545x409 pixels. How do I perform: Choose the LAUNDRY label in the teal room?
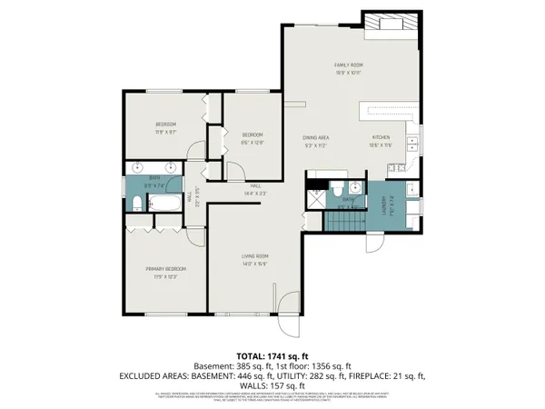pyautogui.click(x=382, y=204)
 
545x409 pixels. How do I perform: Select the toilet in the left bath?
pyautogui.click(x=134, y=203)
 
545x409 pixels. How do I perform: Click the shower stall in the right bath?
pyautogui.click(x=314, y=199)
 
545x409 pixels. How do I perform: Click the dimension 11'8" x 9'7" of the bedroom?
pyautogui.click(x=164, y=131)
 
